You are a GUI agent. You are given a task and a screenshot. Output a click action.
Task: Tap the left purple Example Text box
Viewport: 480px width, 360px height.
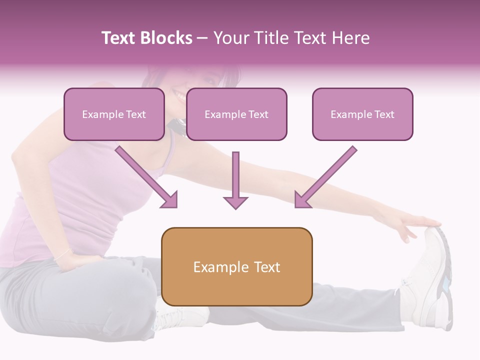coord(114,114)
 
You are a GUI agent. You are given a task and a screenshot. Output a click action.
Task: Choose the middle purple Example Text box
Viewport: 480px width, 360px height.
coord(236,114)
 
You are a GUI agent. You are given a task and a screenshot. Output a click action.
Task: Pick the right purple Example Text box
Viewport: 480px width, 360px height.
coord(362,114)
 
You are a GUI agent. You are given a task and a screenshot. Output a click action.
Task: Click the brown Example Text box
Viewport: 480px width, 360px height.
coord(236,266)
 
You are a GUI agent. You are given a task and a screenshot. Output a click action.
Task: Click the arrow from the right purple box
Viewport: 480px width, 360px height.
coord(325,177)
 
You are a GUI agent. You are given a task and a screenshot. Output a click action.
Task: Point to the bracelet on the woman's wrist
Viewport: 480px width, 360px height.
coord(63,254)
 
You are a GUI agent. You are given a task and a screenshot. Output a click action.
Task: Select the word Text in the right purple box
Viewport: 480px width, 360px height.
coord(384,114)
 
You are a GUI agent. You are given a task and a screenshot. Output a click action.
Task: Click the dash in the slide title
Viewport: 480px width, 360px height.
coord(202,38)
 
